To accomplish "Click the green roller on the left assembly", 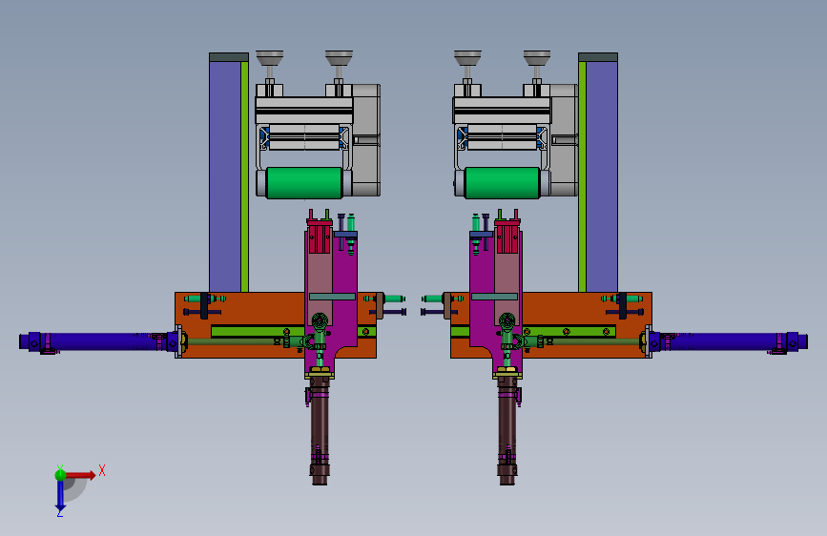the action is click(x=304, y=183).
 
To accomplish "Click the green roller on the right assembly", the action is click(x=502, y=183).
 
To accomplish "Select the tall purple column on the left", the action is click(x=225, y=176).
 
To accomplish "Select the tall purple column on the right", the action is click(x=602, y=176).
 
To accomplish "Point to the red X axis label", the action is click(x=102, y=470).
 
